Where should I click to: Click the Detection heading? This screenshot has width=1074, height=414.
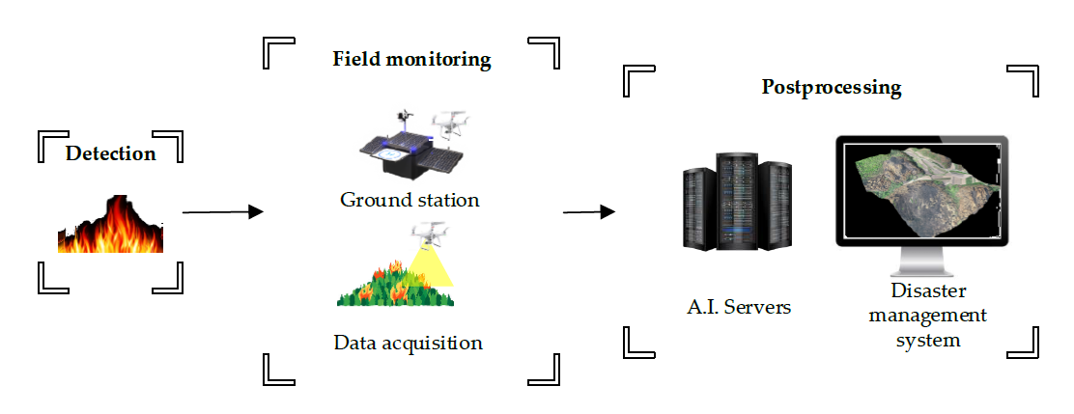[x=110, y=153]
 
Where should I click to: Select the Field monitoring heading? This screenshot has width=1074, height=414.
[x=411, y=59]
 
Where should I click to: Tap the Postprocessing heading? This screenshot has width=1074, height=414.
[x=831, y=88]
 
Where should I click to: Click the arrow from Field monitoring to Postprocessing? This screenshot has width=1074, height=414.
[x=588, y=211]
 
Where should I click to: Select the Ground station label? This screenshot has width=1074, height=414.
[x=410, y=201]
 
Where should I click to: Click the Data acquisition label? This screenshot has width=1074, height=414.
[x=408, y=343]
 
